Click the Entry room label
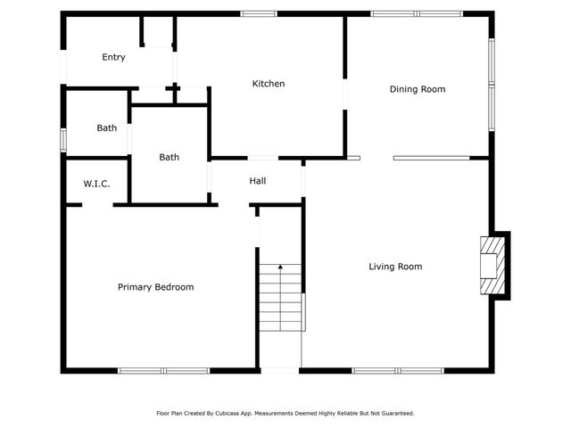click(113, 57)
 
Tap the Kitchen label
click(269, 84)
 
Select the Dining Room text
click(418, 89)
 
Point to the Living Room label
click(396, 267)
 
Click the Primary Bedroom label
click(156, 287)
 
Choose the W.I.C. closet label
click(96, 184)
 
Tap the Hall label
click(258, 181)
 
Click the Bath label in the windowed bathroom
click(107, 128)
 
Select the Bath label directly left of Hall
click(170, 158)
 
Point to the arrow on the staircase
click(280, 267)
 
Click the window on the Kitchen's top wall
click(259, 13)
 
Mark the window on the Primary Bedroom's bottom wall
click(163, 370)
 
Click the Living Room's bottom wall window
click(397, 370)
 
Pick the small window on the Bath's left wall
click(62, 140)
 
